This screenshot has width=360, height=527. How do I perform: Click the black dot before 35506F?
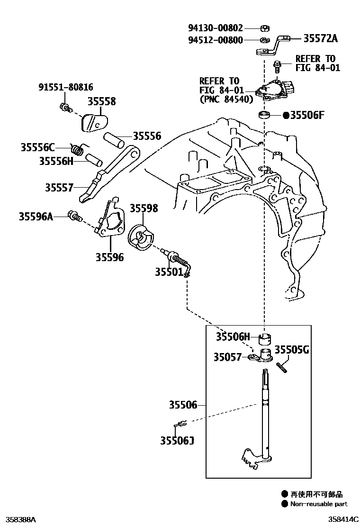[x=286, y=115]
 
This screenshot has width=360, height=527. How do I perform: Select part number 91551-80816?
[x=66, y=87]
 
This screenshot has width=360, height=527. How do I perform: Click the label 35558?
[x=101, y=101]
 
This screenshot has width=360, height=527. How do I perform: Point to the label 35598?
[x=144, y=208]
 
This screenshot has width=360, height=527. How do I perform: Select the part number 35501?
[x=169, y=272]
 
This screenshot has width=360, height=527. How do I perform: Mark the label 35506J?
[x=177, y=441]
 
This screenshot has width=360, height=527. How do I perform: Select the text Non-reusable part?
[x=319, y=504]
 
